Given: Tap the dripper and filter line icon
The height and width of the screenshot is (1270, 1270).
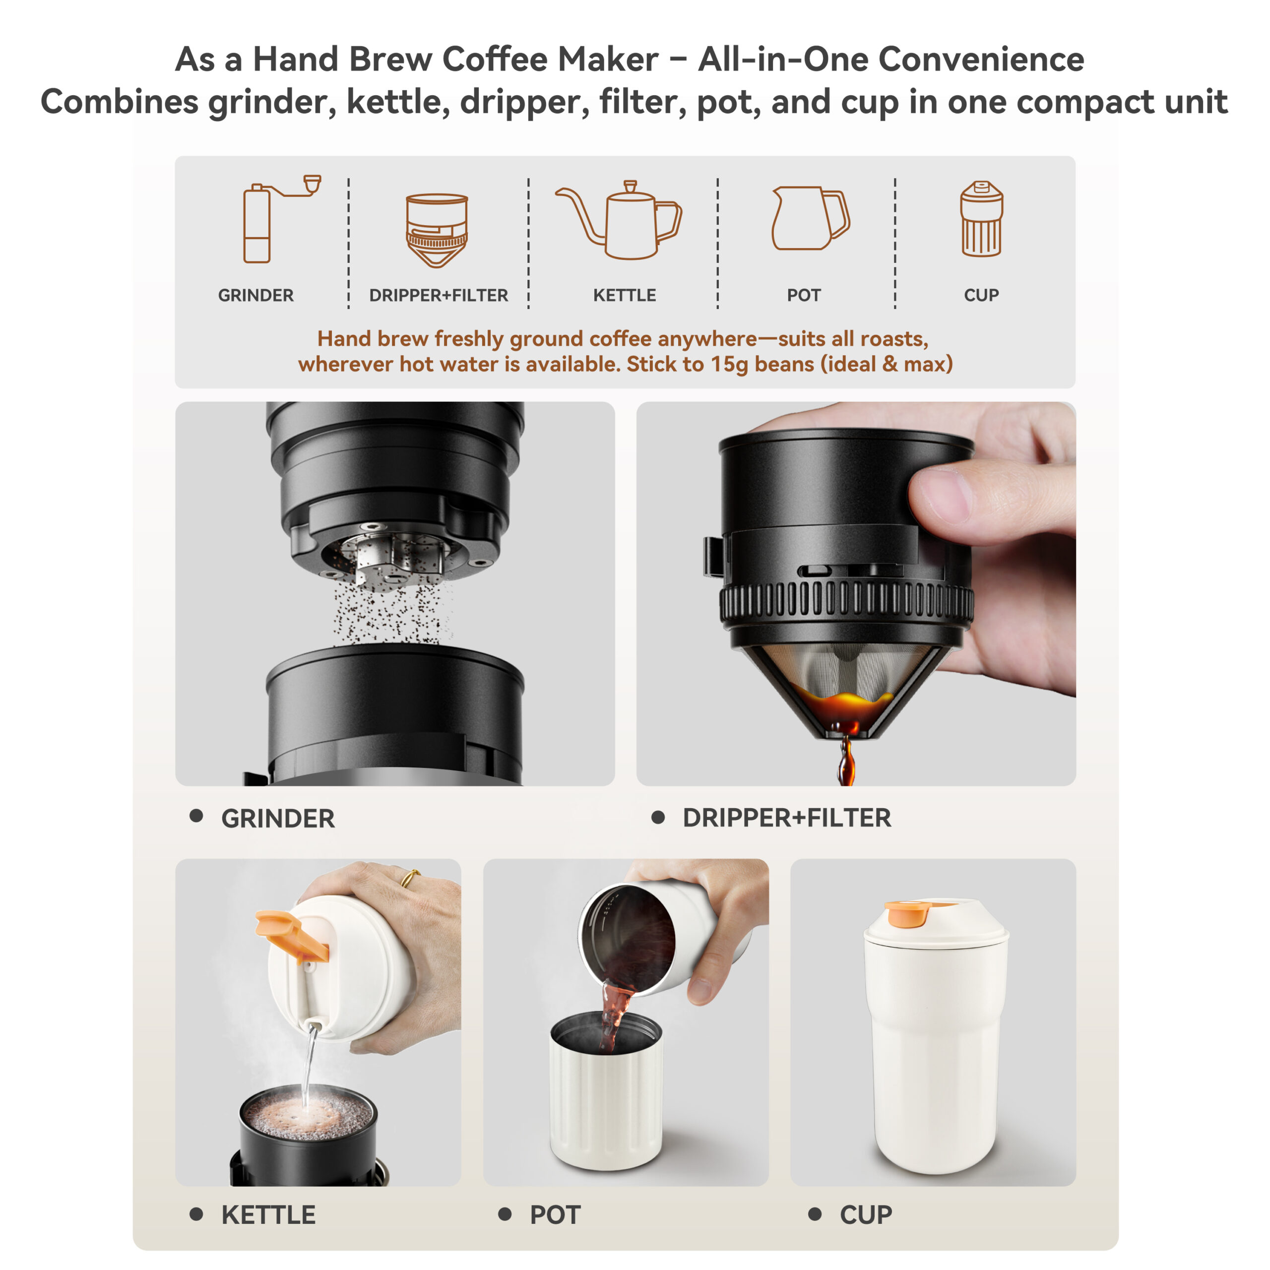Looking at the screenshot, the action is tap(437, 230).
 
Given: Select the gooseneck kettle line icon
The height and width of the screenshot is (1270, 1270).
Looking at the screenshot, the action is tap(619, 220).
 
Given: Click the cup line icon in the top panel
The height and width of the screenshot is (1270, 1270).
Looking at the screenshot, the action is tap(981, 218).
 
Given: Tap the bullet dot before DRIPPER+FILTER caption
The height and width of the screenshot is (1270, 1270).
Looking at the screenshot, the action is tap(658, 817).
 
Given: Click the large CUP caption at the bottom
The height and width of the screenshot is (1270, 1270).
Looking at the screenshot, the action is tap(866, 1215).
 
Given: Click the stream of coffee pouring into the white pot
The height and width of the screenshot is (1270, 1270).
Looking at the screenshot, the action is tap(615, 1019).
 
